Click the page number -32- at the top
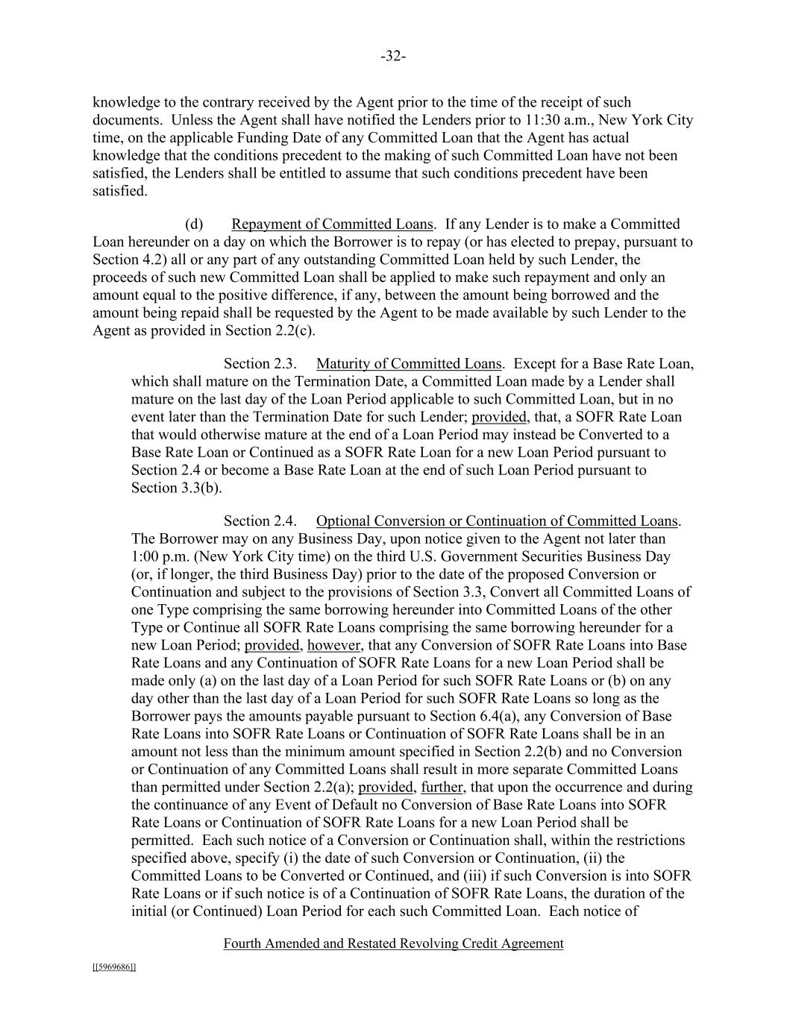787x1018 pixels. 392,57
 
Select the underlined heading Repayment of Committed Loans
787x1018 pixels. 332,224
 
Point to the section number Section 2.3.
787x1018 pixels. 260,364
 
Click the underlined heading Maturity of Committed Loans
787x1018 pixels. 409,364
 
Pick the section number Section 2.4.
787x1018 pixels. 260,521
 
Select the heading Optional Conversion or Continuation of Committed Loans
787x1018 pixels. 498,521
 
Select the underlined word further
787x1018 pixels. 442,788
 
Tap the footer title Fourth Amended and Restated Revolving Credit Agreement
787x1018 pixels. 393,944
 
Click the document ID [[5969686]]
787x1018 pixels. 114,967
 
